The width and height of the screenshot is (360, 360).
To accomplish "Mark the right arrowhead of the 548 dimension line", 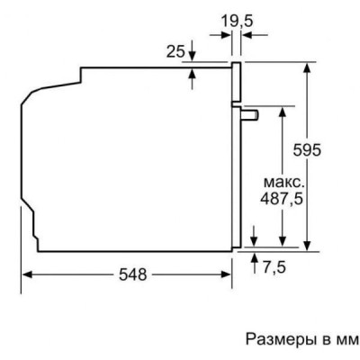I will point(229,274).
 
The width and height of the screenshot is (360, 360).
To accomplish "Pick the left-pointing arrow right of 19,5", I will point(249,36).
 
